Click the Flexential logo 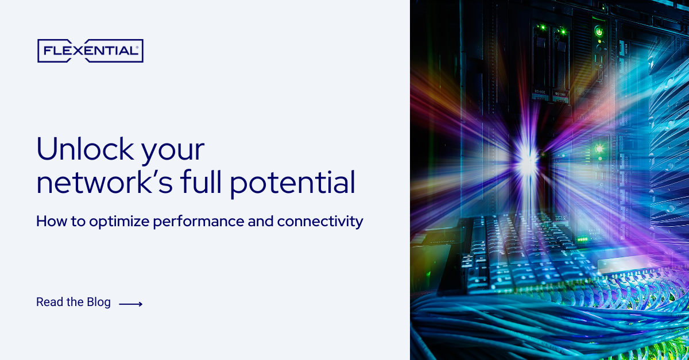click(x=90, y=51)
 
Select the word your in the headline click(x=180, y=150)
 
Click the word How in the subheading click(x=48, y=221)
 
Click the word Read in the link click(x=49, y=302)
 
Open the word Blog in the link click(x=99, y=302)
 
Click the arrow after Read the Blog click(x=130, y=304)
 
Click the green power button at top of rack click(x=599, y=32)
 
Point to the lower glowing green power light click(x=598, y=149)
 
